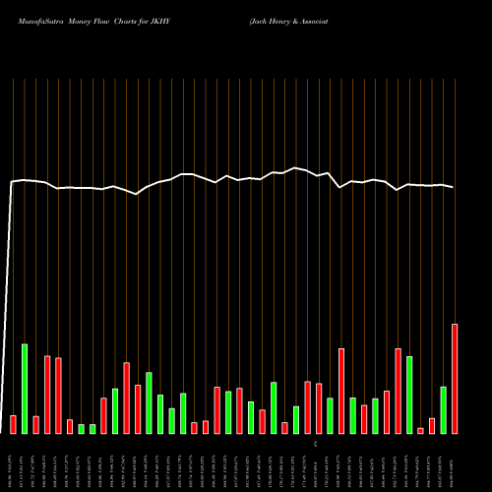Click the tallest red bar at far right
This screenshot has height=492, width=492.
pyautogui.click(x=455, y=379)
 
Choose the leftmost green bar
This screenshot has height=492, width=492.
pyautogui.click(x=25, y=389)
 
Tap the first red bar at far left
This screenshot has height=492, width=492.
pyautogui.click(x=13, y=424)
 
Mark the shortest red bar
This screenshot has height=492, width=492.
pyautogui.click(x=420, y=430)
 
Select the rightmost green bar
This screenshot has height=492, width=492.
pyautogui.click(x=444, y=409)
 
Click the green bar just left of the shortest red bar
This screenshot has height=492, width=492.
pyautogui.click(x=409, y=395)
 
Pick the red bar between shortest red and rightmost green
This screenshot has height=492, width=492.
pyautogui.click(x=432, y=425)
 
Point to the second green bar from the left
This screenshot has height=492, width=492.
pyautogui.click(x=81, y=428)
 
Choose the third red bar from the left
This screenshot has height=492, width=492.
pyautogui.click(x=47, y=394)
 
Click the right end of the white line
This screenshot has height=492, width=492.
pyautogui.click(x=454, y=187)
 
